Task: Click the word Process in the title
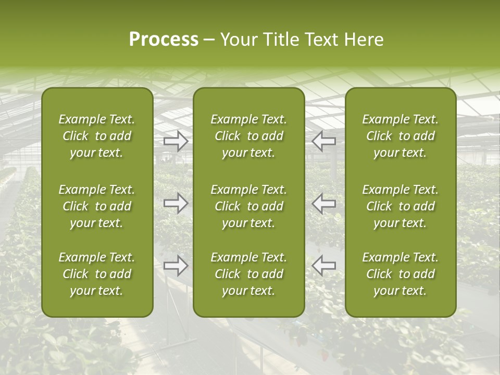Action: [164, 40]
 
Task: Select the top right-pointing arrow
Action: [176, 141]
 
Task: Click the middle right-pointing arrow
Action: [176, 203]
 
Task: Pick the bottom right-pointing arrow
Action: [176, 266]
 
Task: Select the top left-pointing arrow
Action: [324, 141]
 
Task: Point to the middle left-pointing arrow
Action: [324, 203]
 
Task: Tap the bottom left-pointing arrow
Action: [324, 266]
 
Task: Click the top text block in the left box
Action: [97, 136]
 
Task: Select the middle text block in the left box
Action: [97, 206]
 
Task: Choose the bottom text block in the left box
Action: [97, 274]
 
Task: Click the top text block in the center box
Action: [249, 136]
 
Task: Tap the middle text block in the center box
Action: [249, 206]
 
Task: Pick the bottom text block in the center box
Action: [249, 274]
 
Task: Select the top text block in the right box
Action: [401, 136]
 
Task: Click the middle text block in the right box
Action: [401, 206]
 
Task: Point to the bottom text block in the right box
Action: [401, 274]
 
